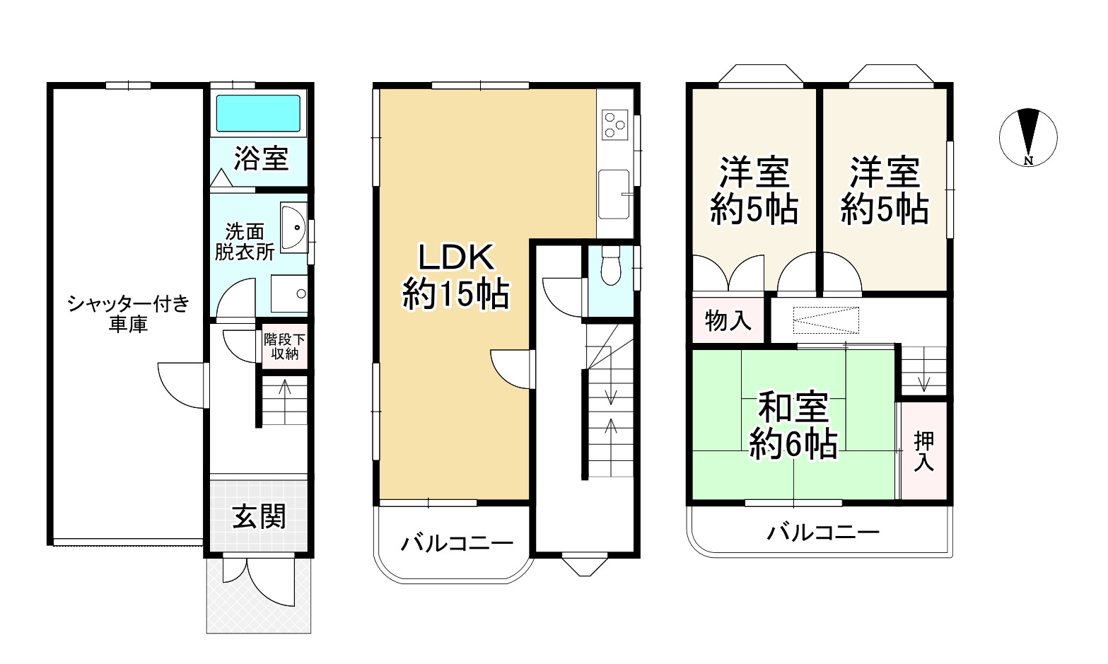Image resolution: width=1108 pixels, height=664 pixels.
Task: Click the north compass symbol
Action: pyautogui.click(x=1028, y=137)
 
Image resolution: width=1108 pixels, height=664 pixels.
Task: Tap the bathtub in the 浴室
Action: pyautogui.click(x=258, y=113)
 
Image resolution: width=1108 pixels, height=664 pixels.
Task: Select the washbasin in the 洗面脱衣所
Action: pyautogui.click(x=293, y=228)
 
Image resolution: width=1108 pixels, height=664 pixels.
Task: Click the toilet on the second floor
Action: pyautogui.click(x=609, y=267)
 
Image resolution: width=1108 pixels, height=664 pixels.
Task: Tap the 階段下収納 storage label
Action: pyautogui.click(x=285, y=346)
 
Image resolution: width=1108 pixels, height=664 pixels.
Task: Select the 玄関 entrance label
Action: pyautogui.click(x=259, y=517)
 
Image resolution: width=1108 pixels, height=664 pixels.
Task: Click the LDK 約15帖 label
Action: pyautogui.click(x=455, y=276)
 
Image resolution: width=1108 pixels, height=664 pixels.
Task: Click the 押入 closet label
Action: pyautogui.click(x=923, y=451)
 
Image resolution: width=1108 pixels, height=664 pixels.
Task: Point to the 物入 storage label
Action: pyautogui.click(x=728, y=320)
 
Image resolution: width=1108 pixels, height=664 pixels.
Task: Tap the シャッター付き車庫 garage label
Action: pyautogui.click(x=128, y=315)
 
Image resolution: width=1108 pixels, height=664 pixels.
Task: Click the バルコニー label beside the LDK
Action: pyautogui.click(x=457, y=543)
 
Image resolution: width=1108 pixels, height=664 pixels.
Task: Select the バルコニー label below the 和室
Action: pyautogui.click(x=824, y=532)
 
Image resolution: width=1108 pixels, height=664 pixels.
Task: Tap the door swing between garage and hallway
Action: pyautogui.click(x=182, y=385)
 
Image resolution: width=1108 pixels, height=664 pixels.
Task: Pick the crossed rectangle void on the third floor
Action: pyautogui.click(x=827, y=320)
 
